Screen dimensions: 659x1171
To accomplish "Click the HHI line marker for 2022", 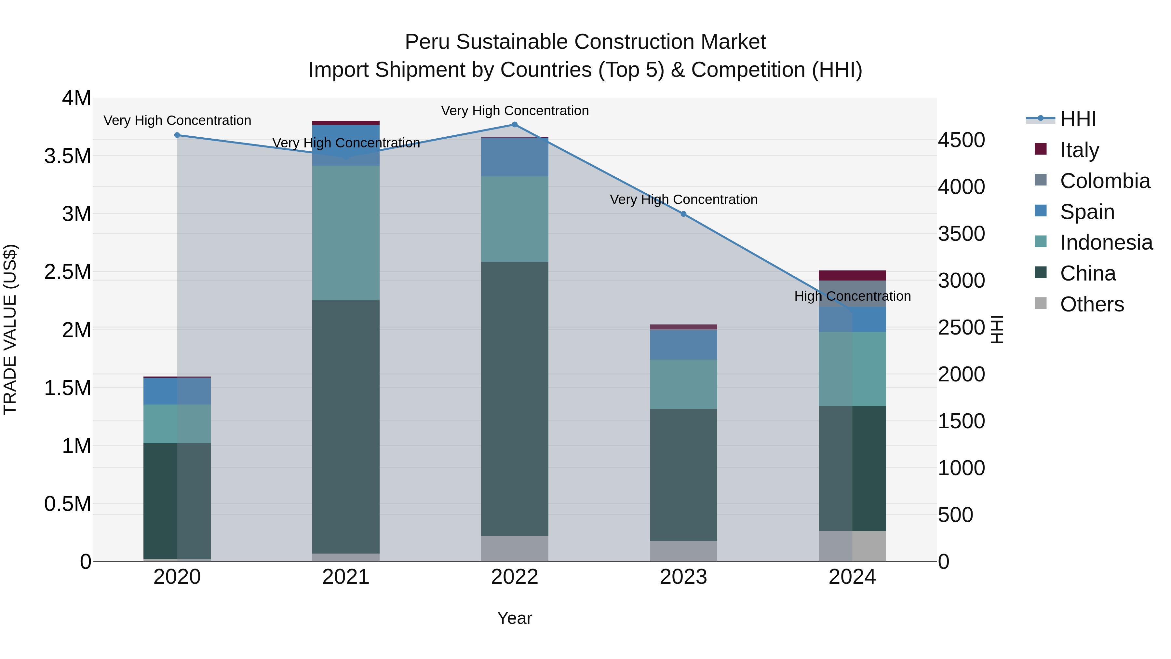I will click(x=515, y=125).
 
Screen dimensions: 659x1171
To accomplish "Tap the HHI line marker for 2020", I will click(x=177, y=135).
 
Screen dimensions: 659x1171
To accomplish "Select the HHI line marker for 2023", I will click(x=683, y=214).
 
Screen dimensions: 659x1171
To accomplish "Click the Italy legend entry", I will click(x=1079, y=150).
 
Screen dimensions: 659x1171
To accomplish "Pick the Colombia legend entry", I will click(x=1105, y=181).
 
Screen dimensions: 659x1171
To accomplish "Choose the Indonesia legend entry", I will click(x=1106, y=242).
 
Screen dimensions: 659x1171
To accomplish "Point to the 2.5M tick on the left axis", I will click(x=68, y=272).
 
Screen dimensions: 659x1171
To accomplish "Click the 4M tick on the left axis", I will click(x=76, y=98).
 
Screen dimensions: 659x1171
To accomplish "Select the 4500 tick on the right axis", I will click(x=961, y=140).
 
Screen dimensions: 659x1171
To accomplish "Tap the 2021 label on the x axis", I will click(x=346, y=577).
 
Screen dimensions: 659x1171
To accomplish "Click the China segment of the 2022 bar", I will click(x=515, y=399).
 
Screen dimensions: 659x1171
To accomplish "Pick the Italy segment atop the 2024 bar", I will click(x=852, y=276).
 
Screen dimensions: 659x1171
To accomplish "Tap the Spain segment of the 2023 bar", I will click(x=683, y=345).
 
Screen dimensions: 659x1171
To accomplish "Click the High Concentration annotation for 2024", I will click(x=852, y=296).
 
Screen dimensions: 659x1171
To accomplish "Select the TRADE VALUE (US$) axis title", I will click(x=10, y=329).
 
